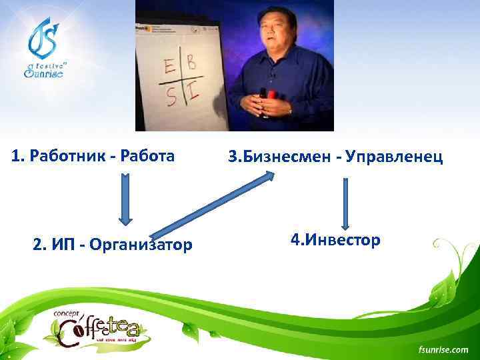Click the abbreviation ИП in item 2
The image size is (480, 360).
click(x=61, y=245)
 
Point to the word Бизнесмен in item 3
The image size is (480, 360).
click(x=288, y=157)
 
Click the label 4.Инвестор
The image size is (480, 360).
click(x=335, y=239)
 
